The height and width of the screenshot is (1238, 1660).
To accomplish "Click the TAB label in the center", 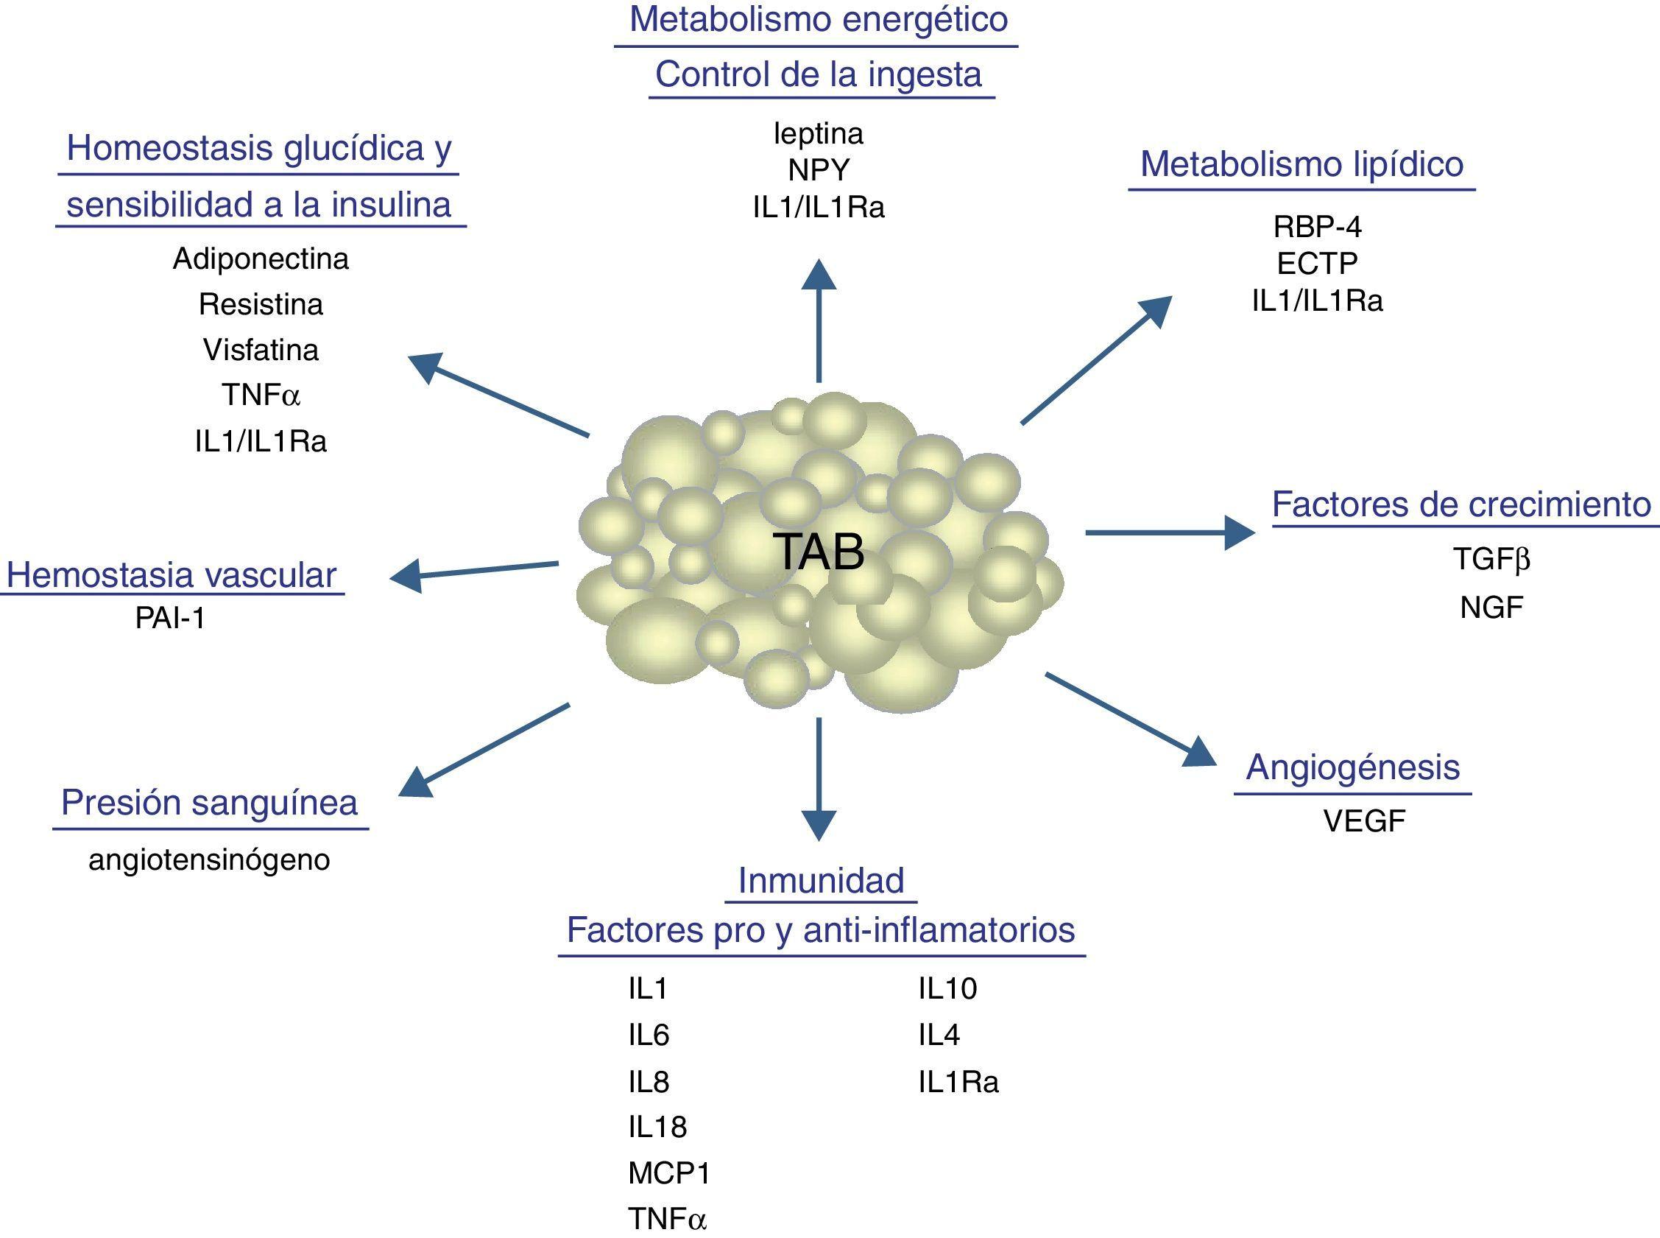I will pos(818,552).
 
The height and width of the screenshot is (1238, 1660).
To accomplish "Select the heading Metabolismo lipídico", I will pos(1301,164).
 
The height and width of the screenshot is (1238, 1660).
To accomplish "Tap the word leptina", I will pos(818,134).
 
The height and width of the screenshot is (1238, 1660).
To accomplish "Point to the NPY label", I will pos(819,171).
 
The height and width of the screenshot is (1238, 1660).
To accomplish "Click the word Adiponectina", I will pos(261,259).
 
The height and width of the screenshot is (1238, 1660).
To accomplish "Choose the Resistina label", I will pos(261,304).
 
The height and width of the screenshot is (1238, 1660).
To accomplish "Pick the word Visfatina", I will pos(261,350).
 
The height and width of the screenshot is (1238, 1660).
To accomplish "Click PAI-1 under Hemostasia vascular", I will pos(170,618).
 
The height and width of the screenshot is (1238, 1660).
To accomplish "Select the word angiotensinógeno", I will pos(209,859).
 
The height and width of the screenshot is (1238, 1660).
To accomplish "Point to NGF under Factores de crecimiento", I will pos(1491,608).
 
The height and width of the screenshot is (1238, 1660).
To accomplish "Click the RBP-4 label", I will pos(1317,226).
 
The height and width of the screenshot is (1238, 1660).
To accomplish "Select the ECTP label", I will pos(1317,264).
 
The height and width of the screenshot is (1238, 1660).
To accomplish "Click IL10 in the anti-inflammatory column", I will pos(947,989).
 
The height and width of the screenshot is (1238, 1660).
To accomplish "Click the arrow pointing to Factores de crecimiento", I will pos(1168,532).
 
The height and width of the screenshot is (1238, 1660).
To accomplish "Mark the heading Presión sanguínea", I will pos(209,803).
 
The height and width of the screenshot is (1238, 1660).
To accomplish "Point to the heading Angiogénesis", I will pos(1353,767).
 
